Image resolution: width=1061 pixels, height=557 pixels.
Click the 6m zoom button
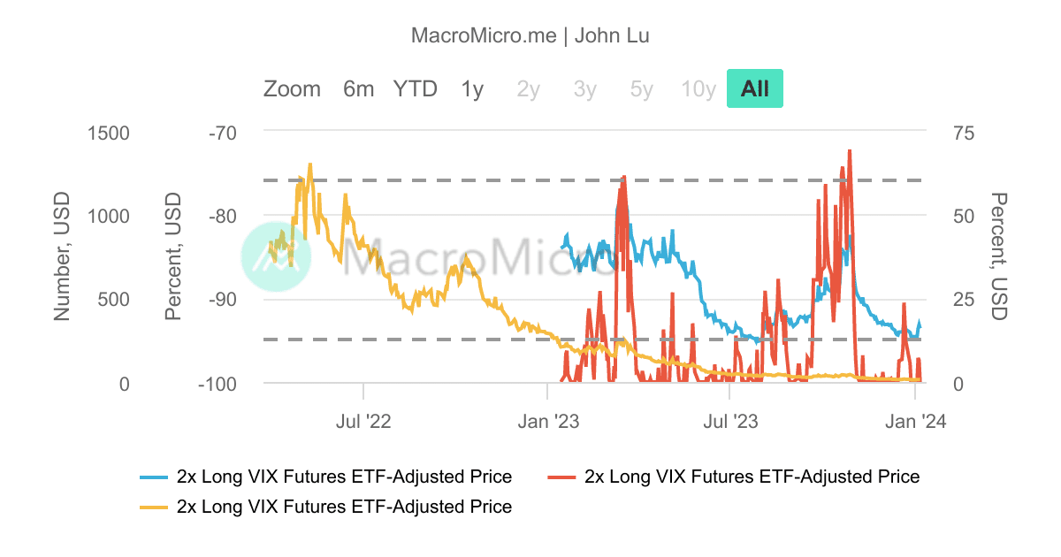(358, 89)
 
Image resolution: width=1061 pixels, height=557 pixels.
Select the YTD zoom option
(416, 89)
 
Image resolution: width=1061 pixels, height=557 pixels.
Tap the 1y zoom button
(472, 89)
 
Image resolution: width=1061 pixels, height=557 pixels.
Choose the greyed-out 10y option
(698, 89)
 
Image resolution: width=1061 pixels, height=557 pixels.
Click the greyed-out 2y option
(529, 89)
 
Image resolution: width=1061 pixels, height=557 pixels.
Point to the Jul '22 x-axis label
(363, 421)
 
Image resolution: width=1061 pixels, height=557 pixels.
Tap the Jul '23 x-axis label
(729, 421)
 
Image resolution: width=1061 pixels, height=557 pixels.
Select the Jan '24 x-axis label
(916, 421)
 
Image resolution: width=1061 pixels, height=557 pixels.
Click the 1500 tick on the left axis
(109, 134)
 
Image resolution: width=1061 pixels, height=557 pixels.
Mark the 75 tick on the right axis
(964, 134)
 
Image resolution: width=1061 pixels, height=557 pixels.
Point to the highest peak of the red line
(850, 151)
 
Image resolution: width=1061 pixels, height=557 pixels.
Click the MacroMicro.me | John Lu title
(530, 35)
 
